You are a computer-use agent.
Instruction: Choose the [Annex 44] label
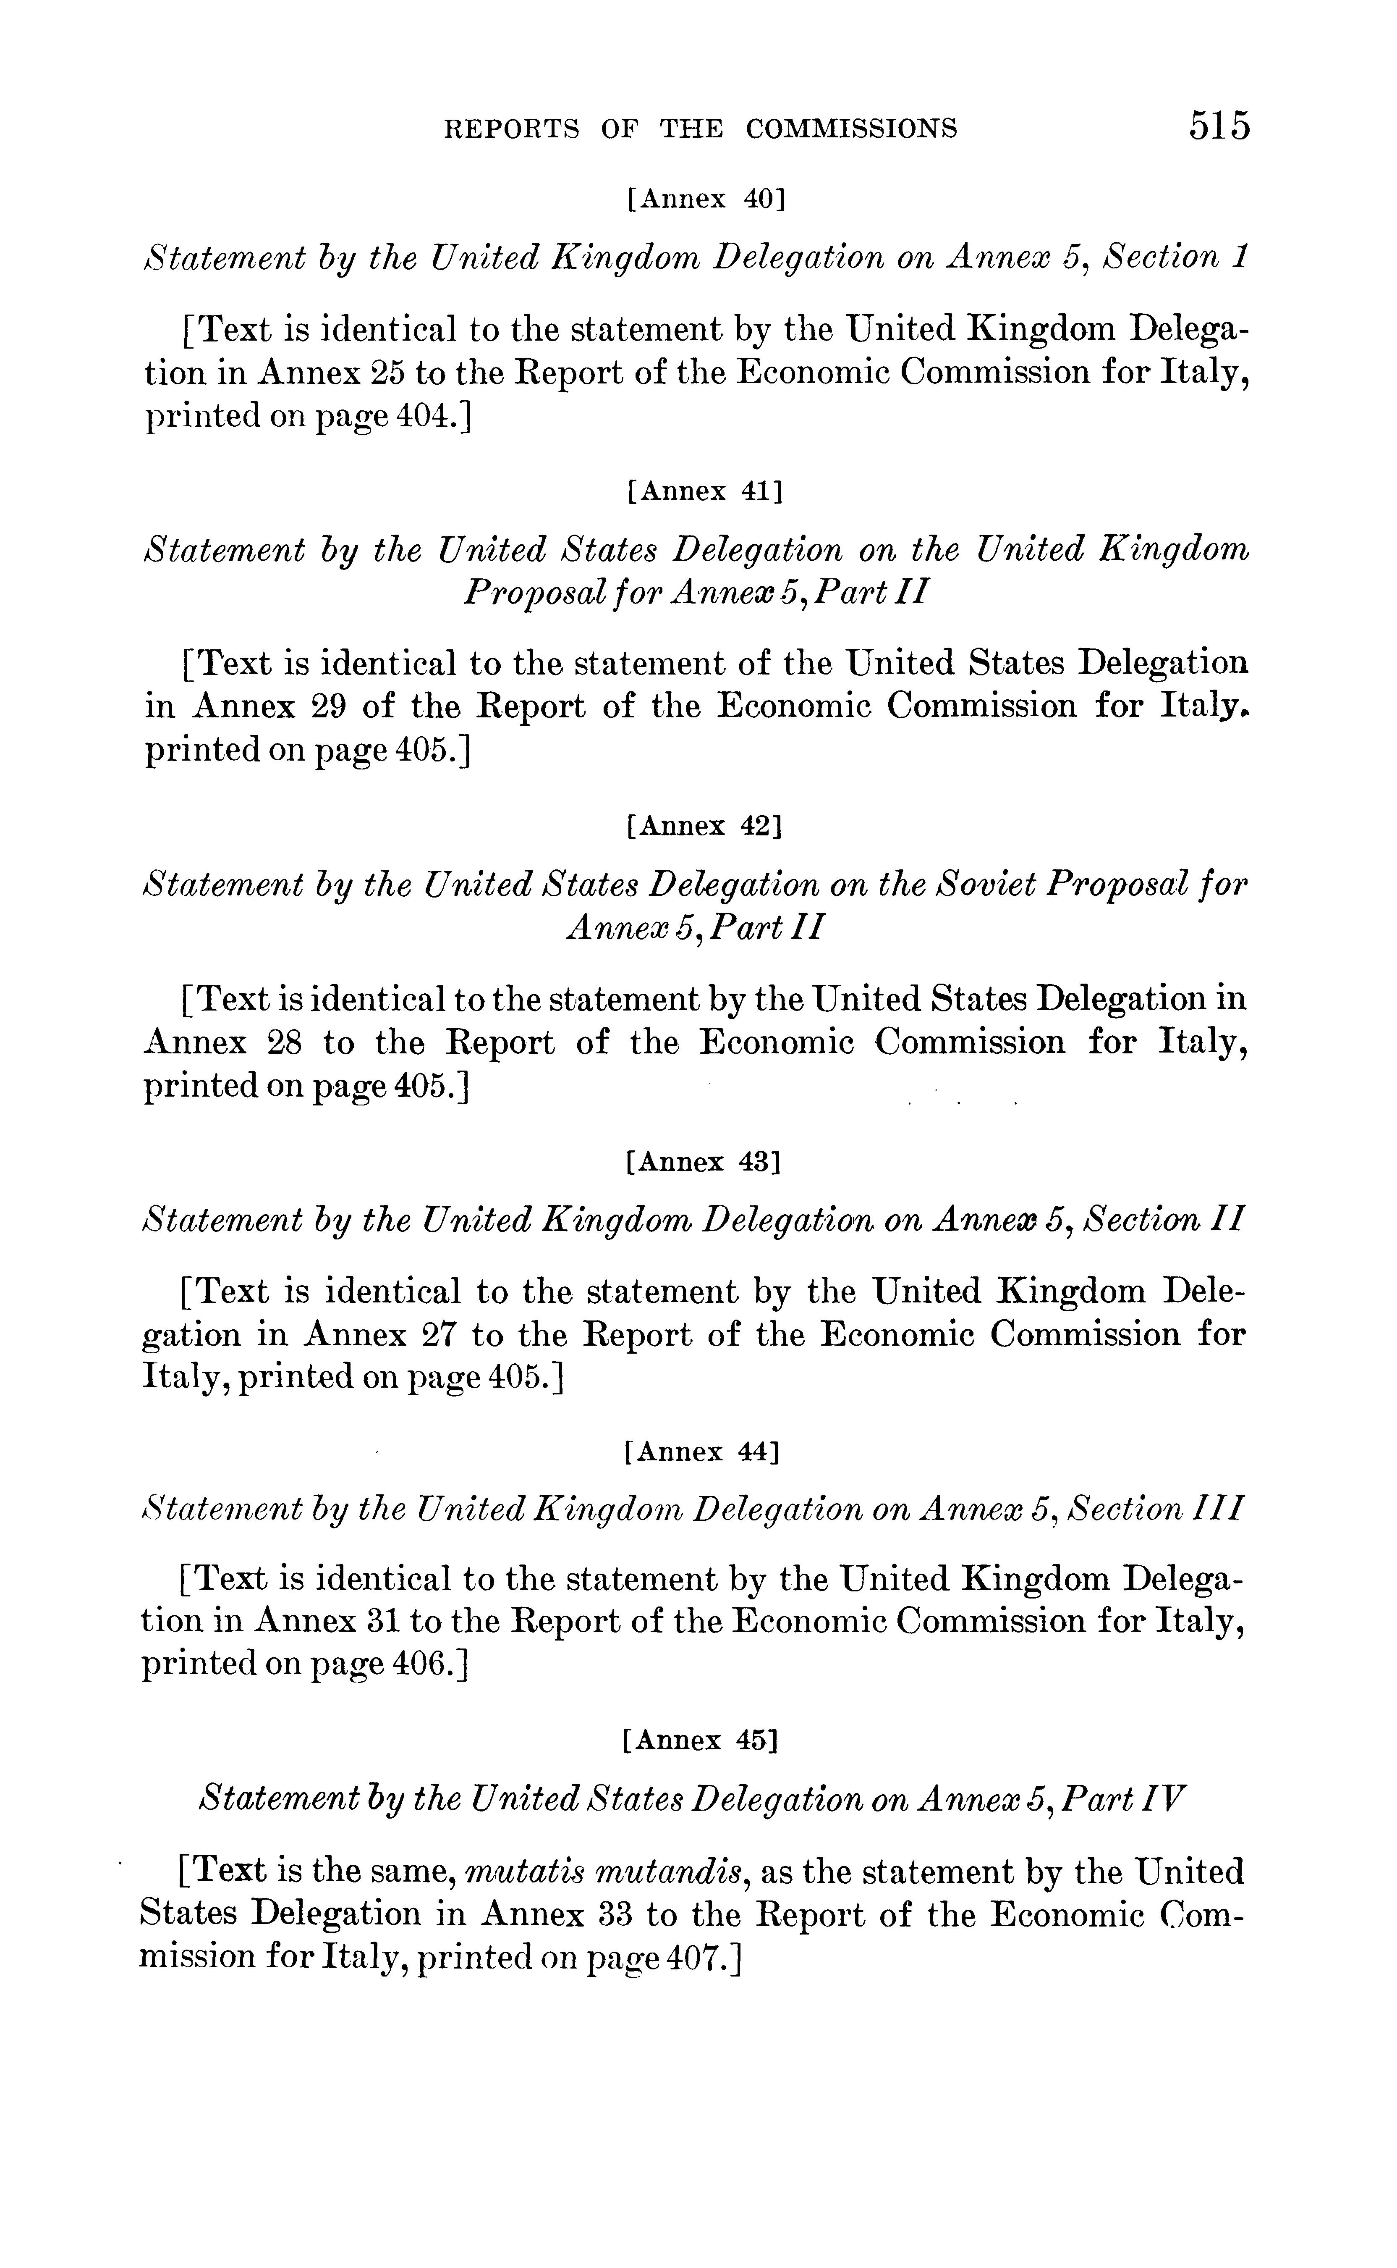(702, 1452)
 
